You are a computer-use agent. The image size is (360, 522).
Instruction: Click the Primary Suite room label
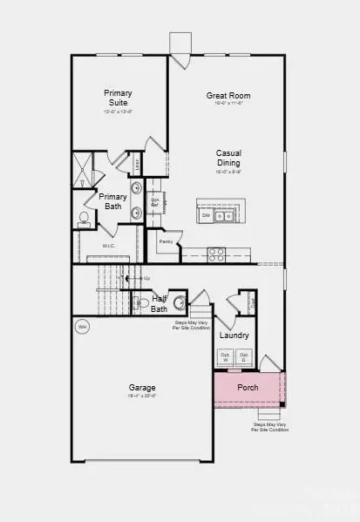pos(118,97)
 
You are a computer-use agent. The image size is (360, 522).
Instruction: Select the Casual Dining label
pos(228,158)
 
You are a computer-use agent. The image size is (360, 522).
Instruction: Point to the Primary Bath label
pos(112,201)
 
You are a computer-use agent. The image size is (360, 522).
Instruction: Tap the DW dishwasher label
pos(207,215)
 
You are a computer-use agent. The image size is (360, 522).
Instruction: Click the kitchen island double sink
pos(225,215)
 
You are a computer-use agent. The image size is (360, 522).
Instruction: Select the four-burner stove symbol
pos(216,254)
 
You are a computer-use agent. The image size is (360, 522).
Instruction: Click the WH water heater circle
pos(83,327)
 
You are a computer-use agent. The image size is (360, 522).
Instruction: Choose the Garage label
pos(142,388)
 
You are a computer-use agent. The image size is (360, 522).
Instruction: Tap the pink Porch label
pos(248,387)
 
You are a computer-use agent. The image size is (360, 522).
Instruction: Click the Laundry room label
pos(234,335)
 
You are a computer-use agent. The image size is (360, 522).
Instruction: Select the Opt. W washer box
pos(225,357)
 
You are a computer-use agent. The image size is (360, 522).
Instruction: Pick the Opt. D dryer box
pos(245,357)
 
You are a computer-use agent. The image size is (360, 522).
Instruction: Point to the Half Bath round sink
pos(180,303)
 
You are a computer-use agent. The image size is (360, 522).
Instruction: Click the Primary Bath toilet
pos(84,218)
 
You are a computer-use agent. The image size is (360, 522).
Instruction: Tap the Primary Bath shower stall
pos(83,170)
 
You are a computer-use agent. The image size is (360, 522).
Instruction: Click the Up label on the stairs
pos(146,278)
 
